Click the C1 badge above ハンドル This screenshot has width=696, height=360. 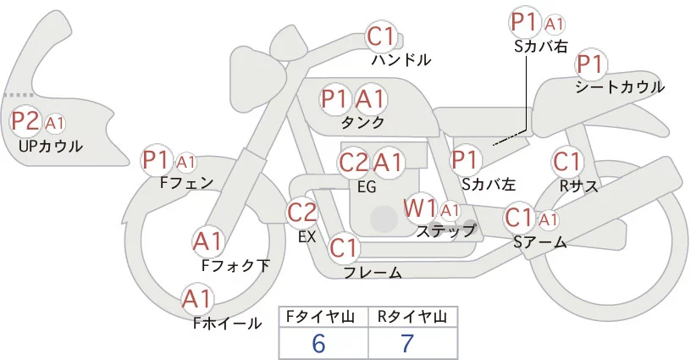382,36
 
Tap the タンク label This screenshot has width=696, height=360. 362,122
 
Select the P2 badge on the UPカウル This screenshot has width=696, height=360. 25,122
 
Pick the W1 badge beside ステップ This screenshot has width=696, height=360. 420,208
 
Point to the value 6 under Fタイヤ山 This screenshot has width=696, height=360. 318,343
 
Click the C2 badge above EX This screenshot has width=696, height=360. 302,212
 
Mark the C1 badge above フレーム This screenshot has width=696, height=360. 345,248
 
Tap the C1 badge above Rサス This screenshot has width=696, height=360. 566,161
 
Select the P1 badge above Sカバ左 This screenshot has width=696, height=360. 465,158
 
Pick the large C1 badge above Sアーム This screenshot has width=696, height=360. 519,218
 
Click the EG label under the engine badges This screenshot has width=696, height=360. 367,186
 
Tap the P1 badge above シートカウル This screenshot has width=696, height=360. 590,64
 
